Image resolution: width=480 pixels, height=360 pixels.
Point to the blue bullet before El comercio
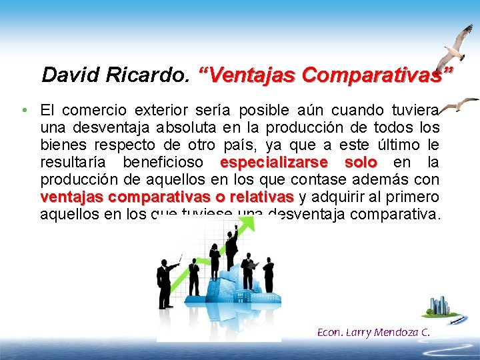pos(23,109)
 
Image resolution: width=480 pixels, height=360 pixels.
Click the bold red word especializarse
pos(273,163)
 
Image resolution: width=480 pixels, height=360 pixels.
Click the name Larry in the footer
pos(359,331)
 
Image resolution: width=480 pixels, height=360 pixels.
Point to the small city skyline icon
pos(440,307)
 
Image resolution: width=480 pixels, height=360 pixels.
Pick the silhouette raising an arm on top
pos(231,247)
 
